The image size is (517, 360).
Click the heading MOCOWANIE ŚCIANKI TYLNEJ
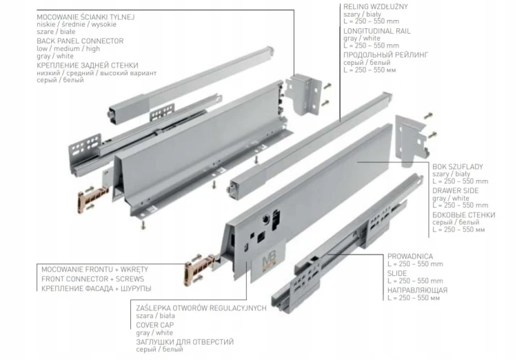point(85,17)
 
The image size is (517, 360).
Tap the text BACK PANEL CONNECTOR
point(80,41)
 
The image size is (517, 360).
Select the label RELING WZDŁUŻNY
point(376,7)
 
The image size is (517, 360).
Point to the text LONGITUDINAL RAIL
point(377,31)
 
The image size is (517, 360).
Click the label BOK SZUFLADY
point(458,167)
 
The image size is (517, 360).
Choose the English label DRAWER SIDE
point(456,191)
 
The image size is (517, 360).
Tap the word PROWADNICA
point(410,257)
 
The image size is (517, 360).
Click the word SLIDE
point(397,273)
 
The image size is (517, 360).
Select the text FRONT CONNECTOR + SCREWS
point(92,279)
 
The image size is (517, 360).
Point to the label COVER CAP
point(155,325)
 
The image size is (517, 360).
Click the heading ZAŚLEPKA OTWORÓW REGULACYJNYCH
point(201,308)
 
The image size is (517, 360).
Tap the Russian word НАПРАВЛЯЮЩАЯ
point(418,290)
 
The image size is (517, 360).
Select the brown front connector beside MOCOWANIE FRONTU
point(200,268)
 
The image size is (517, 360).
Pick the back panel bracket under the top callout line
point(303,94)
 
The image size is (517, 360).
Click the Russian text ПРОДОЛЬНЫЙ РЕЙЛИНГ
point(386,54)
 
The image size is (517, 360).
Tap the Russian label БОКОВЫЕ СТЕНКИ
point(464,215)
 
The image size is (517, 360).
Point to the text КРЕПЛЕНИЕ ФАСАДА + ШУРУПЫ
point(97,289)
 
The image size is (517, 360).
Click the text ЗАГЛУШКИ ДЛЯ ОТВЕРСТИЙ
point(185,342)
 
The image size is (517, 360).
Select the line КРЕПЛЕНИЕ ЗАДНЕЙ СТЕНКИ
point(88,66)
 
